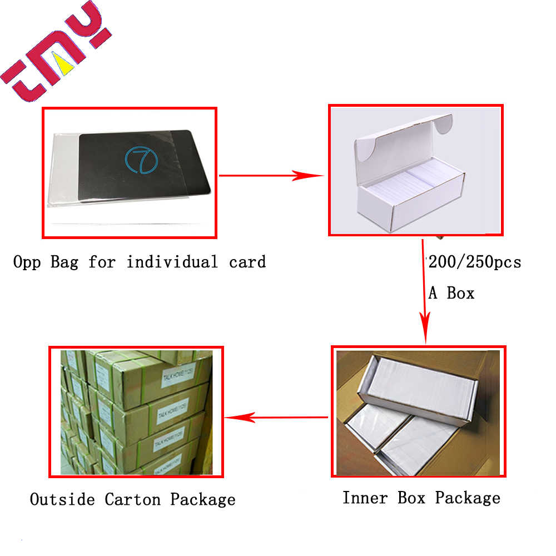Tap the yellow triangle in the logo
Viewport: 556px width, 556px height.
tap(67, 66)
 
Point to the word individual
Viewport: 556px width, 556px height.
tap(172, 261)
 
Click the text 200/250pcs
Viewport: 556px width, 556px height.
tap(474, 261)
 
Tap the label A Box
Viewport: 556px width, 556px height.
tap(451, 292)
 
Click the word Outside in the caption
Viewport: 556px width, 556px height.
tap(62, 499)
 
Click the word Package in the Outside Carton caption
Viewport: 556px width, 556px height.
tap(202, 499)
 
